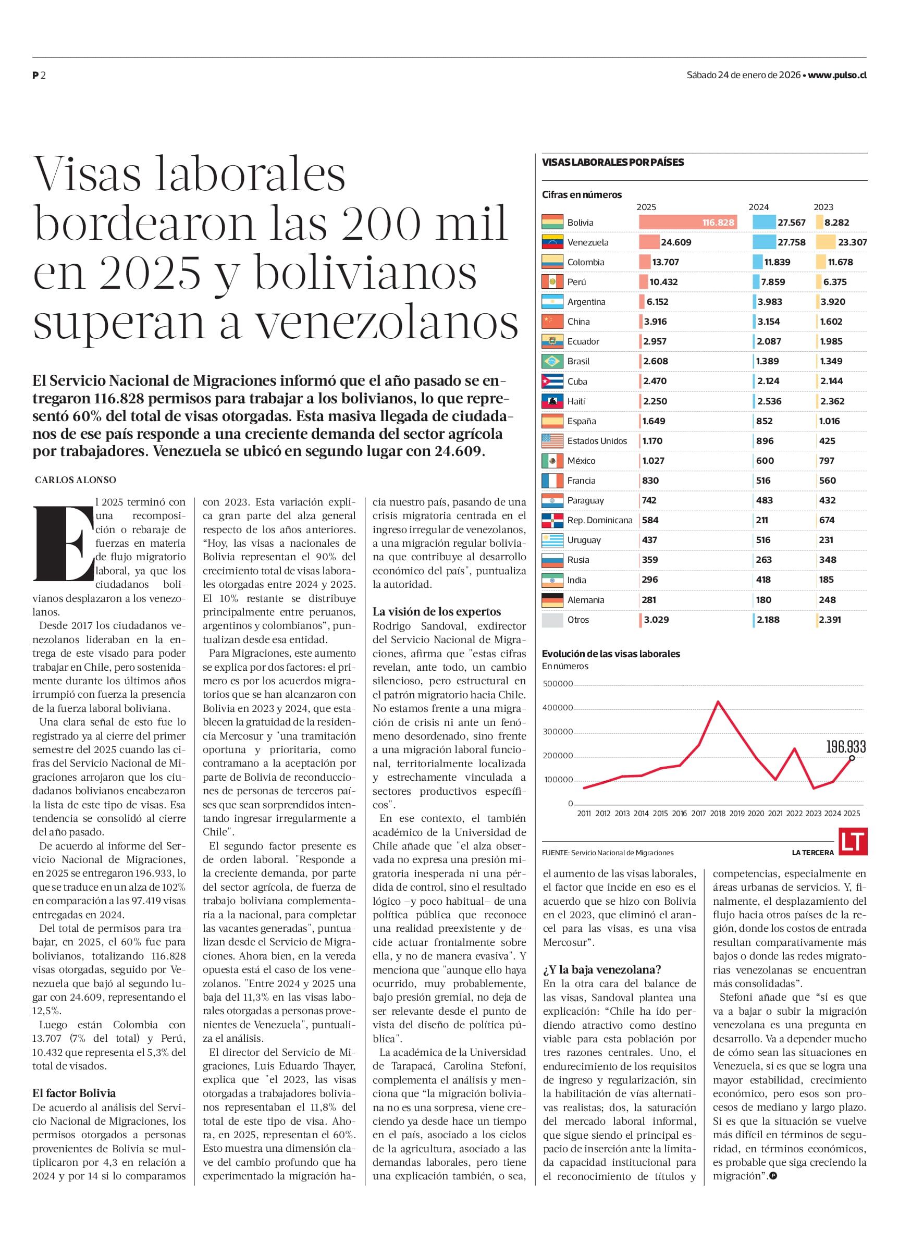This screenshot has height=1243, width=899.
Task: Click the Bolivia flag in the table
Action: point(552,223)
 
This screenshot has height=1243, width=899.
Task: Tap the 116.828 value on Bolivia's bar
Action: point(718,223)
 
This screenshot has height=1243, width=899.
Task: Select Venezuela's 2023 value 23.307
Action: point(852,242)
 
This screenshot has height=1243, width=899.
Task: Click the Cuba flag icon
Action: point(552,381)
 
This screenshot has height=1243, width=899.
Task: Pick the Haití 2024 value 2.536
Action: point(770,401)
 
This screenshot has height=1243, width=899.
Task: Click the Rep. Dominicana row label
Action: point(600,520)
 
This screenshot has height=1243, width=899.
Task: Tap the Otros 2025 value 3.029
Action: point(656,620)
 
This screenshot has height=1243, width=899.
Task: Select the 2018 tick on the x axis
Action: point(718,814)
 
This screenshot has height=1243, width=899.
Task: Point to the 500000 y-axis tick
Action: point(558,684)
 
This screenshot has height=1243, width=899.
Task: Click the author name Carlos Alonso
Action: point(76,480)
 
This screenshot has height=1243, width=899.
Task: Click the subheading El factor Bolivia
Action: point(74,1093)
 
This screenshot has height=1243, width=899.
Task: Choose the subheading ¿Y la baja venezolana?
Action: point(602,969)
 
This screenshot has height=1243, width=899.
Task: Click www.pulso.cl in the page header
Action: point(837,76)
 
